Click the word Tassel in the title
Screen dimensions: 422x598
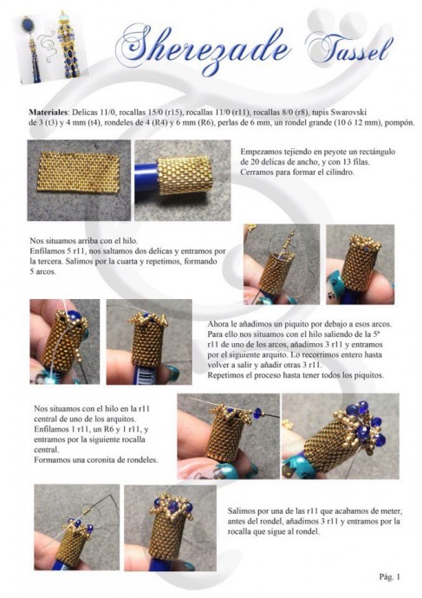(x=349, y=48)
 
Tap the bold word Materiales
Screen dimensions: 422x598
(x=48, y=113)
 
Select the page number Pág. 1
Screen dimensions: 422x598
(x=390, y=576)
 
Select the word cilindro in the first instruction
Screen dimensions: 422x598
(x=340, y=172)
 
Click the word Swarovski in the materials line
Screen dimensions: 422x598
(x=348, y=113)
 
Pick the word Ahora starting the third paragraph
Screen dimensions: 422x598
(x=217, y=324)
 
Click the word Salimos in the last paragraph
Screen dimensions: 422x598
(x=241, y=510)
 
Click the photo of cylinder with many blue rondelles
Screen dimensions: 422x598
(x=341, y=436)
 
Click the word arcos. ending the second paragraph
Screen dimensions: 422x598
(x=48, y=272)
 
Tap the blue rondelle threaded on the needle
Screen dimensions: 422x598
(x=258, y=413)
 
